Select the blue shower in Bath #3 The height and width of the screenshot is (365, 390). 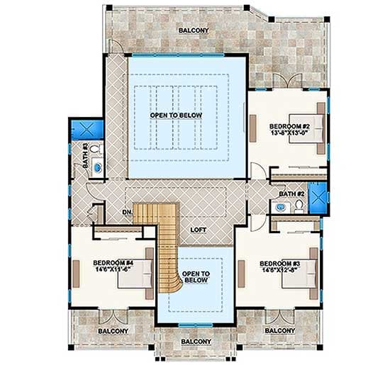click(x=86, y=130)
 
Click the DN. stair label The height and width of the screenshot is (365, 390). click(x=127, y=211)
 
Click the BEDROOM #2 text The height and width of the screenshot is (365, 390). click(x=287, y=125)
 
